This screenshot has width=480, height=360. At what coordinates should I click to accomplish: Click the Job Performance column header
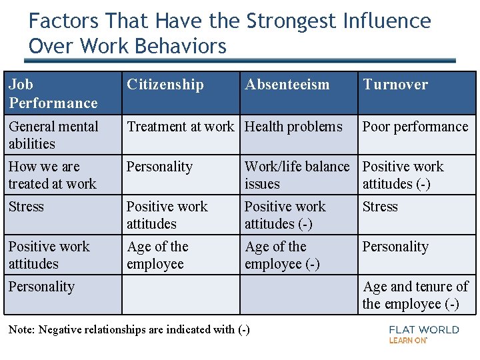pos(53,93)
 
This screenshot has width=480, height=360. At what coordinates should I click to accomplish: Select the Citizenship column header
pos(165,85)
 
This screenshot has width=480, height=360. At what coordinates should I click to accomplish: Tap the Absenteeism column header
pos(287,85)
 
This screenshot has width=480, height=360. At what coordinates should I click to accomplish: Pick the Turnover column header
pos(395,85)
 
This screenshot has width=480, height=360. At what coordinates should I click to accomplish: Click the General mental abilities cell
pos(53,135)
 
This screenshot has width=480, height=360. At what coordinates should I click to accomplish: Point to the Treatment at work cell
pos(180,127)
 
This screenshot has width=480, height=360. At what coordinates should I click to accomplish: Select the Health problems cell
pos(293,127)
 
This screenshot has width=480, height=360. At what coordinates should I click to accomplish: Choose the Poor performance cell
pos(415,127)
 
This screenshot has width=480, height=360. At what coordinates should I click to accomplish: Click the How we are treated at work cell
pos(53,175)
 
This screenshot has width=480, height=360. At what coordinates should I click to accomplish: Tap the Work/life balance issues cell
pos(297,175)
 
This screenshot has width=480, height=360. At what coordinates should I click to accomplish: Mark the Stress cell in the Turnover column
pos(380,207)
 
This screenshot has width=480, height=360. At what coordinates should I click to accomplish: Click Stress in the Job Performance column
pos(26,207)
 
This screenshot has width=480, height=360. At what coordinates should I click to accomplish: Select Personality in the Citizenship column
pos(159,167)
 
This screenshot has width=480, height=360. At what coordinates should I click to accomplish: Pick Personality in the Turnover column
pos(395,247)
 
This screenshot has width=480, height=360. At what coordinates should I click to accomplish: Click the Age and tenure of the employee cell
pos(415,295)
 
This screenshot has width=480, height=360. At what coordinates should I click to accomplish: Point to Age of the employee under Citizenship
pos(157,255)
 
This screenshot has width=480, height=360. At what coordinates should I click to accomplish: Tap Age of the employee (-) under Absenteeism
pos(282,255)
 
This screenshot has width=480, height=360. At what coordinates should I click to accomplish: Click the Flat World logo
pos(424,334)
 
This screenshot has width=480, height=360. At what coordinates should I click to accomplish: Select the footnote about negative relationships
pos(129,329)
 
